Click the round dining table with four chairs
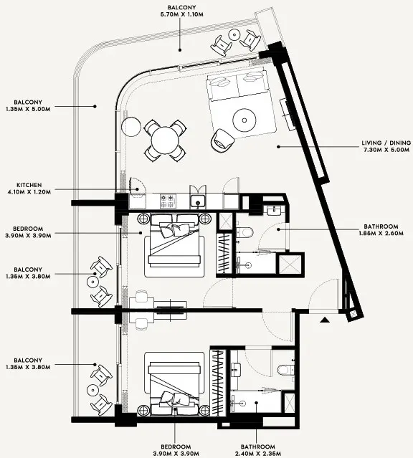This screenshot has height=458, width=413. pos(164,139)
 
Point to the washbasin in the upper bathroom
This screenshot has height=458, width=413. pos(272,211)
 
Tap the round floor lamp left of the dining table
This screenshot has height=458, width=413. pos(129,127)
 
